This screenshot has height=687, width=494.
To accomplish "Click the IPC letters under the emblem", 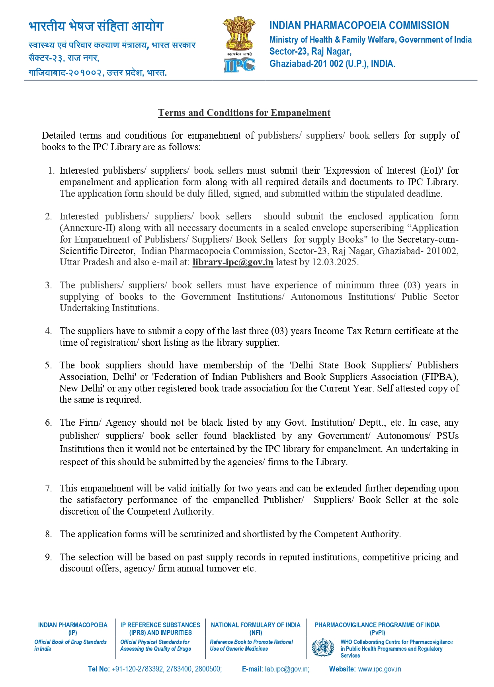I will coord(239,65).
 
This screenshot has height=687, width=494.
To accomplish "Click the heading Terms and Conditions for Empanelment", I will coord(244,113).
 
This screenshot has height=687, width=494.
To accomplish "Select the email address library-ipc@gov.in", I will coord(232,262).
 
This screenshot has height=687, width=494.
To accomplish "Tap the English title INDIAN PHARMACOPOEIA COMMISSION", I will coord(359,25).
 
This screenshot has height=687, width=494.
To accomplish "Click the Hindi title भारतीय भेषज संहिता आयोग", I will coord(96,26).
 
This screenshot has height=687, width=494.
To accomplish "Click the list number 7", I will coord(48,488).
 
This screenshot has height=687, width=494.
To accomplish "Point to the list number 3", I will coord(48,285).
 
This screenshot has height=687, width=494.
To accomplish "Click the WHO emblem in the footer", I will coord(323,648).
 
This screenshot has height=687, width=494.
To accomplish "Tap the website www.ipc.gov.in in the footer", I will coord(379,669).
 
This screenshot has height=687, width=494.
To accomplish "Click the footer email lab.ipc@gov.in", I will coord(287,669).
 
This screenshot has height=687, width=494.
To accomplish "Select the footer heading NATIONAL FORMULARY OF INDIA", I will coord(256,625).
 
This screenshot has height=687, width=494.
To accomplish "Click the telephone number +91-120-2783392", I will coord(138,669).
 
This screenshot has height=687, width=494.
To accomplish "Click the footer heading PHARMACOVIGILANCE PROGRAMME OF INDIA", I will coord(377,625).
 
